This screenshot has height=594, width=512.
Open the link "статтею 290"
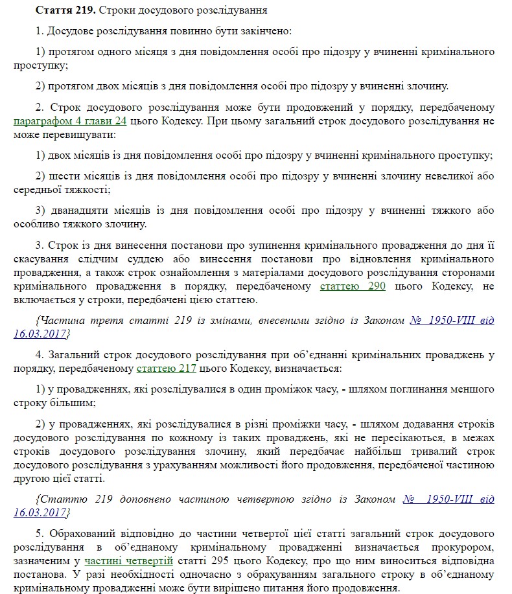coord(353,286)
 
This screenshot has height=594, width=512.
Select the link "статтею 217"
coord(163,369)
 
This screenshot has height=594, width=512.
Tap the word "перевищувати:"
coord(77,135)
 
